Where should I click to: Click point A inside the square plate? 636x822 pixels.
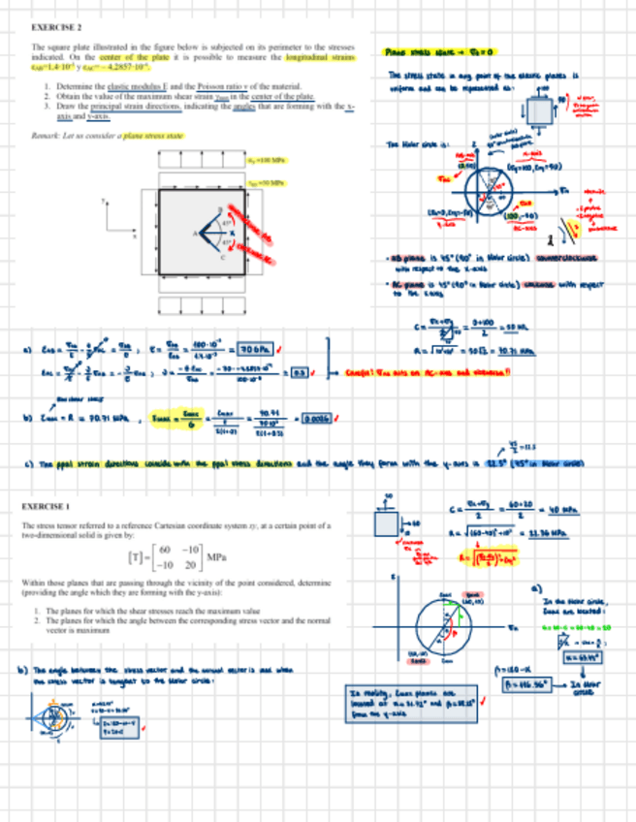pyautogui.click(x=198, y=234)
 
